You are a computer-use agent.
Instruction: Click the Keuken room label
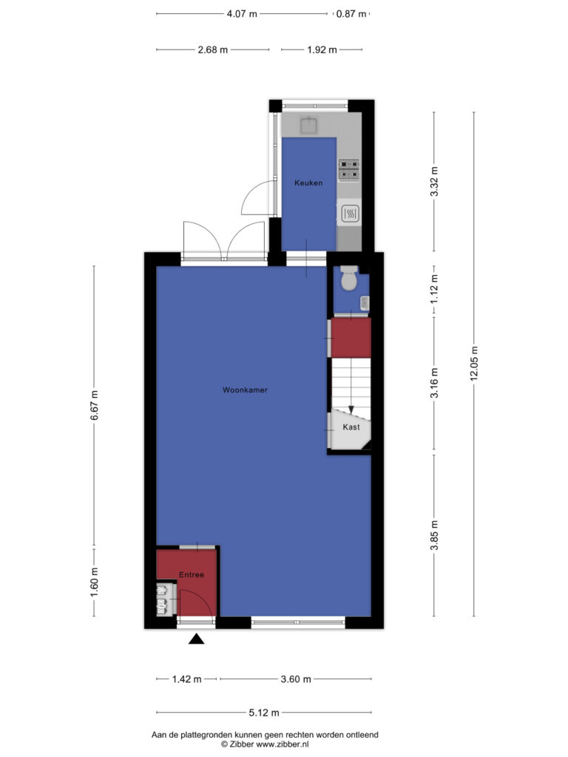(308, 183)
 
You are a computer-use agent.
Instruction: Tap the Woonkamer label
(245, 390)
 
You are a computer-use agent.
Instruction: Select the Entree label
(192, 574)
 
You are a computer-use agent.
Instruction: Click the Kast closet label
(351, 427)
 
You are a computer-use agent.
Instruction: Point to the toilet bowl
(349, 279)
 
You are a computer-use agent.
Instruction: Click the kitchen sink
(308, 126)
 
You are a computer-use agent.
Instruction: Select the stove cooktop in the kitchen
(349, 169)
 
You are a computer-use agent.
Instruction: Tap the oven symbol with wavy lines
(350, 213)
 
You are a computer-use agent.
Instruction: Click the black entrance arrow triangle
(196, 639)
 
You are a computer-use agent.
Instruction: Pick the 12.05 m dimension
(474, 364)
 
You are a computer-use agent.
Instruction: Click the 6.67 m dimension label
(94, 405)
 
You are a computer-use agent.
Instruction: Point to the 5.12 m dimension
(264, 712)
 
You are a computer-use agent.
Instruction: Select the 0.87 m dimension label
(351, 13)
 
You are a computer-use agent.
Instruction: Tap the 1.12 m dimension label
(434, 289)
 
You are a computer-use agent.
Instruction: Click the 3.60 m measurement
(296, 679)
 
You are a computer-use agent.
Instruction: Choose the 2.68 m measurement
(212, 50)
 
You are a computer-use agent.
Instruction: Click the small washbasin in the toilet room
(365, 302)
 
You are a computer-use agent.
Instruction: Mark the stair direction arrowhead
(351, 410)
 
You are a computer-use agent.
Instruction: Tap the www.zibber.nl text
(282, 744)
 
